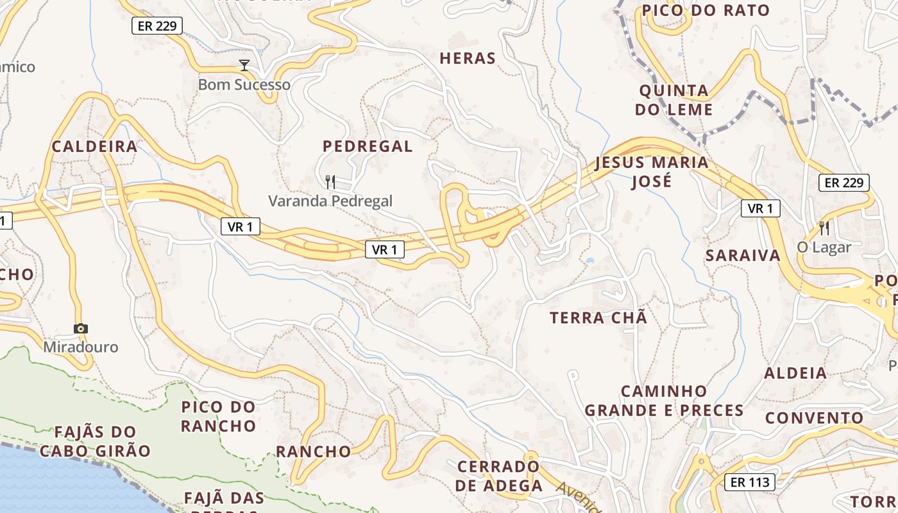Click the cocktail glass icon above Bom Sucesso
tap(244, 65)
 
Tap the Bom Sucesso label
tap(244, 85)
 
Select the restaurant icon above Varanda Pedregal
tap(330, 182)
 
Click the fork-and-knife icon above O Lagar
tap(824, 228)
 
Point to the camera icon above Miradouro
tap(80, 329)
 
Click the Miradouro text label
tap(81, 347)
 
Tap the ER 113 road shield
tap(750, 482)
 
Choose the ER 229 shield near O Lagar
tap(843, 183)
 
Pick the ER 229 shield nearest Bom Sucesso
tap(157, 26)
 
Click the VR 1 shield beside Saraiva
tap(760, 208)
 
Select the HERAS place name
tap(468, 58)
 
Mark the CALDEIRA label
tap(94, 146)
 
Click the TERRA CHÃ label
tap(598, 317)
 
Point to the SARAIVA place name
tap(743, 255)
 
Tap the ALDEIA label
tap(795, 373)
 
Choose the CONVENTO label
tap(814, 418)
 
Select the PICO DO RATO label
tap(706, 10)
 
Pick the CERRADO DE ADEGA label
tap(499, 476)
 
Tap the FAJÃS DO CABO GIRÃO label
tap(95, 441)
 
